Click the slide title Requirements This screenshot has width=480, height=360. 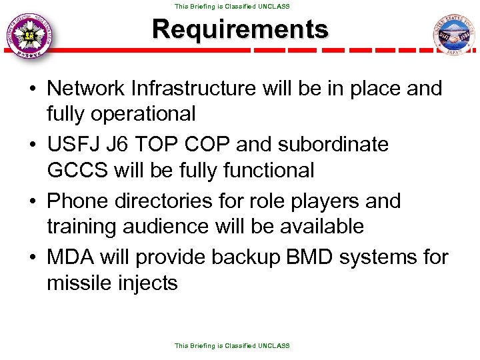240,29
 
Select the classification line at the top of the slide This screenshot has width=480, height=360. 232,6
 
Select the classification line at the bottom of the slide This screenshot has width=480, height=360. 232,346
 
